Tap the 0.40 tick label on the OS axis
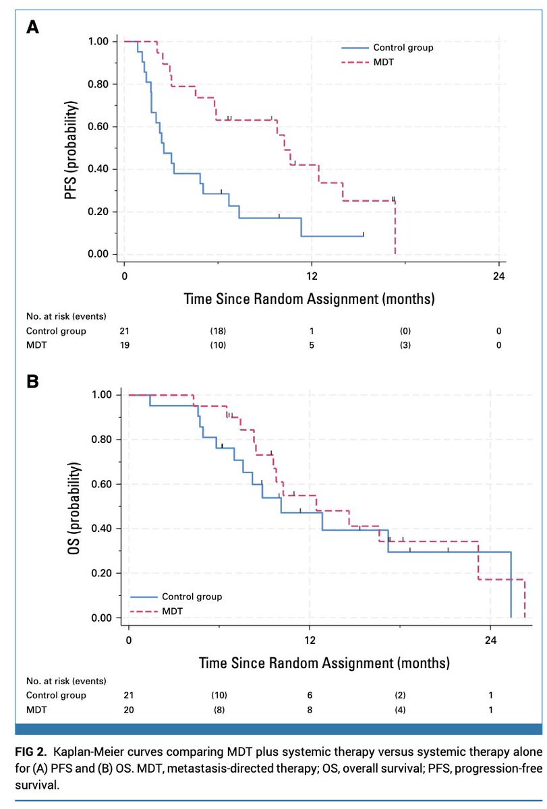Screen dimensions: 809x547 click(106, 529)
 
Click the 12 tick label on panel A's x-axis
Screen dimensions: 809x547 click(311, 276)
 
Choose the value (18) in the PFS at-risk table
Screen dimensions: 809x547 click(217, 330)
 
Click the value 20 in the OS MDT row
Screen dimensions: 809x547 click(128, 709)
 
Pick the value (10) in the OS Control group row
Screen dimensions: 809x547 click(219, 695)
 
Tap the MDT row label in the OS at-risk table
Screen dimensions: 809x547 click(36, 709)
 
